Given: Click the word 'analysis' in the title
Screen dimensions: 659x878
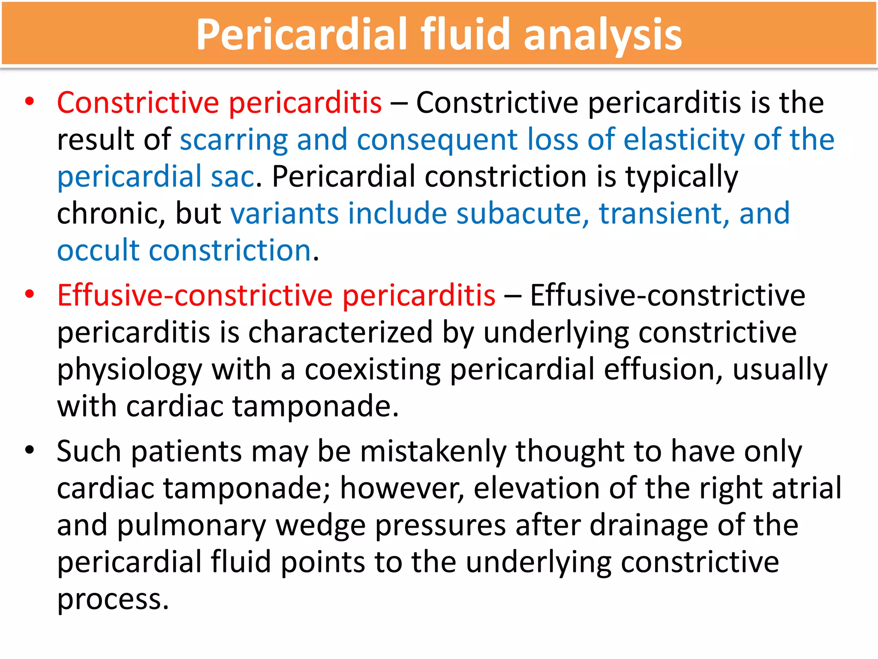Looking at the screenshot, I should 602,35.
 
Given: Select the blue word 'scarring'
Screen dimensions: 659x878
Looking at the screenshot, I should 234,140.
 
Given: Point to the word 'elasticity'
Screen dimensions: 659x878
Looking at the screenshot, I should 683,140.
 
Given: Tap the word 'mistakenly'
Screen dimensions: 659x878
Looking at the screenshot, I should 433,451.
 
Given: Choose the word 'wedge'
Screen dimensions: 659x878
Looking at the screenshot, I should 320,526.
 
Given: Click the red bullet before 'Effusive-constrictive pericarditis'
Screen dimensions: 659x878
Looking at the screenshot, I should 29,294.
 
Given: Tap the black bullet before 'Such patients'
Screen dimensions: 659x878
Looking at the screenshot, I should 29,450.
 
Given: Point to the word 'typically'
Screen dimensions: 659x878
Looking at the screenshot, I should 682,177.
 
